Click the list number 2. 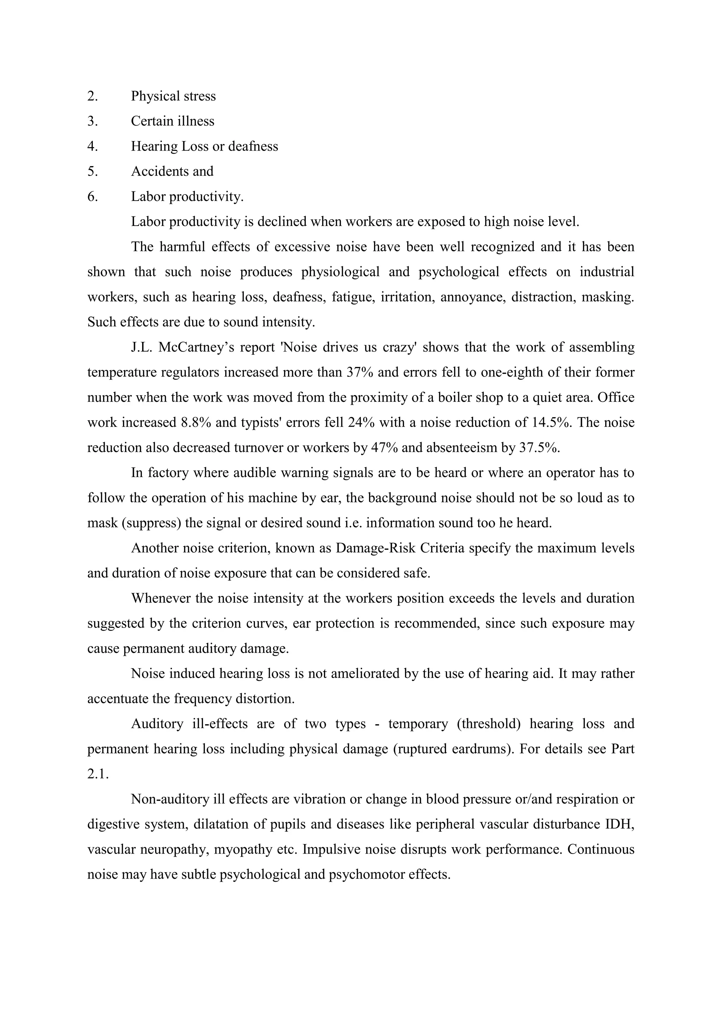pos(92,96)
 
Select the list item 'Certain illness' pos(172,121)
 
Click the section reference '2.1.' pos(98,774)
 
